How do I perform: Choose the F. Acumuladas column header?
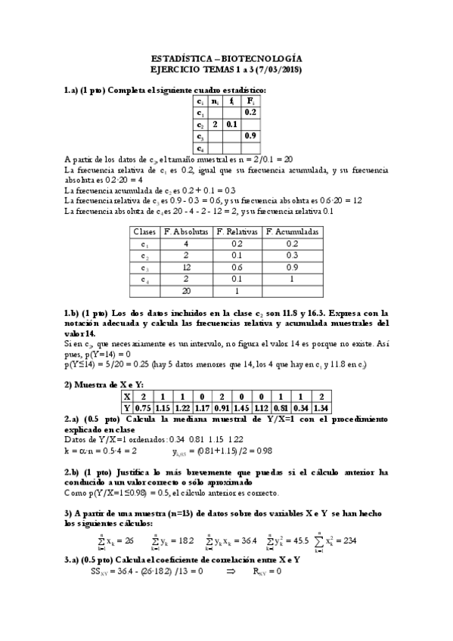(x=293, y=232)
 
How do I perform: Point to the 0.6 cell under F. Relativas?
(x=237, y=268)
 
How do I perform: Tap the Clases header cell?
(x=144, y=232)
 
